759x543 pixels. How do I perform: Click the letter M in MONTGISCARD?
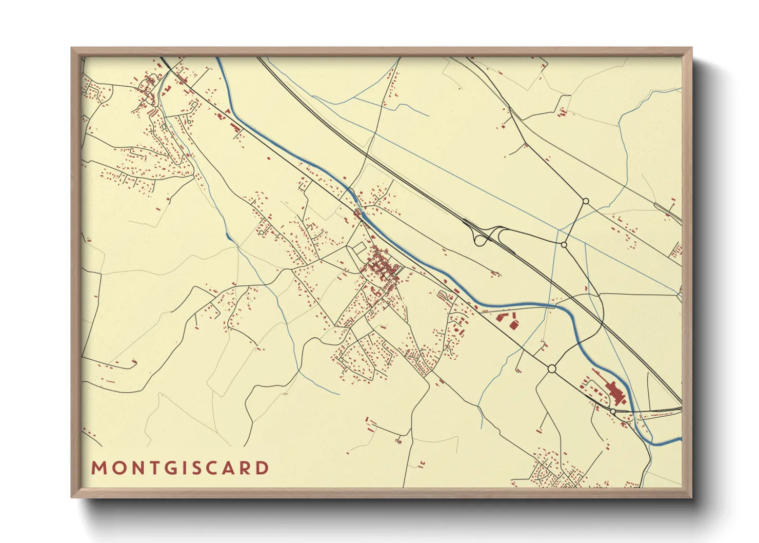(98, 468)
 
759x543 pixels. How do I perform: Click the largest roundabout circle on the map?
(552, 369)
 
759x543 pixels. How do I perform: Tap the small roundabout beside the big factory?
(613, 411)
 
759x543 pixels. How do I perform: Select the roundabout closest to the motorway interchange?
(564, 245)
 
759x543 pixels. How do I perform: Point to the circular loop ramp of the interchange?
(480, 239)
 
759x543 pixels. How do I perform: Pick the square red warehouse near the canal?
(513, 324)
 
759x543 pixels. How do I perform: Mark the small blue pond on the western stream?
(227, 236)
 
